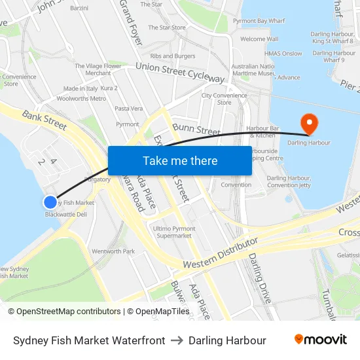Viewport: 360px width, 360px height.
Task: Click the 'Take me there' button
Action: [179, 160]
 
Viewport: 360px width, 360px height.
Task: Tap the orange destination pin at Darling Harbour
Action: [308, 122]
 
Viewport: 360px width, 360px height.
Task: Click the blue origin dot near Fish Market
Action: [50, 202]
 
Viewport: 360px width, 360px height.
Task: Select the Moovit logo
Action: [320, 340]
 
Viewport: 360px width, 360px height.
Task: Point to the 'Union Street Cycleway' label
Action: [180, 73]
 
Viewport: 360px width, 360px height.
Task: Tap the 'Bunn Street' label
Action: [196, 130]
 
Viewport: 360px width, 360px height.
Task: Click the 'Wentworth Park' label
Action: [113, 251]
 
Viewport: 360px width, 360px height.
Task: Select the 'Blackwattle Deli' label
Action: [65, 214]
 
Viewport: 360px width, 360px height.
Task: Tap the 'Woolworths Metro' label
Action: [81, 99]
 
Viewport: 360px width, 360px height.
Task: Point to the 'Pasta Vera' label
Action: [128, 109]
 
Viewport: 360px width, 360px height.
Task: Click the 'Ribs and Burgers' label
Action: [173, 56]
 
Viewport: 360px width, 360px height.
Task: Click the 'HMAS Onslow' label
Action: [283, 54]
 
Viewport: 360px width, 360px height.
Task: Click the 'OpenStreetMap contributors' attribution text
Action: [64, 312]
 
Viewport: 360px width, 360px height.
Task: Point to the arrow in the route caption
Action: [177, 340]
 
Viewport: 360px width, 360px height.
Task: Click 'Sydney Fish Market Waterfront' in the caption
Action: [89, 340]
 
